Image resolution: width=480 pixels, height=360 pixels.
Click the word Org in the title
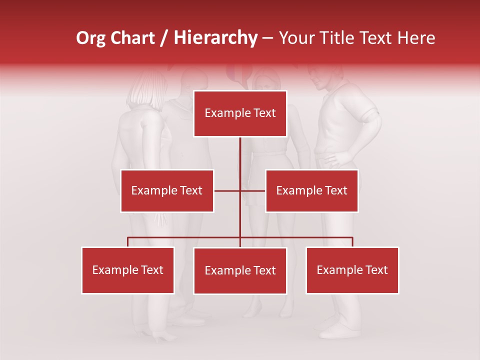coord(90,38)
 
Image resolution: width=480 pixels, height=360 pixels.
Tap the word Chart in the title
coord(130,38)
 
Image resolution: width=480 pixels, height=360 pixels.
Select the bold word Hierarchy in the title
coord(215,38)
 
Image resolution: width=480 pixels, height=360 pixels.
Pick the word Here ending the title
coord(416,38)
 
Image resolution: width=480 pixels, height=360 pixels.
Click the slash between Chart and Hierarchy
coord(164,38)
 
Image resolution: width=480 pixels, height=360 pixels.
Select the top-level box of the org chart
coord(240,113)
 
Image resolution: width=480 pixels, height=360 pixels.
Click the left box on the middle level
coord(167,190)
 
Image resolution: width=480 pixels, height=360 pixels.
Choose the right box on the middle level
coord(311,190)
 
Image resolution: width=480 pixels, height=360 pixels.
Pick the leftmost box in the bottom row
coord(127,270)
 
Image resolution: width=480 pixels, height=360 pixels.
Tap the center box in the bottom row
coord(240,270)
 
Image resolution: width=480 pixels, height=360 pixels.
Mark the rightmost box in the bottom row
coord(352,270)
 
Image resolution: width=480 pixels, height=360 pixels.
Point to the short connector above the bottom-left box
coord(127,242)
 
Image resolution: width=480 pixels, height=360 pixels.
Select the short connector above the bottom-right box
coord(352,242)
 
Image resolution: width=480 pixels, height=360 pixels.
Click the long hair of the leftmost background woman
coord(145,90)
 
